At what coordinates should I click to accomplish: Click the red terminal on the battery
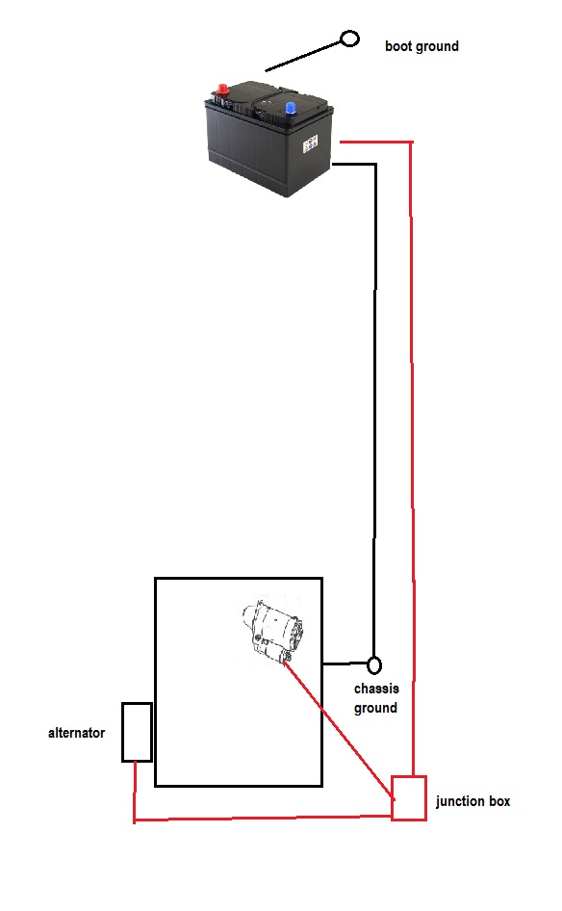222,91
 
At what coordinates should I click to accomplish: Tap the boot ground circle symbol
349,39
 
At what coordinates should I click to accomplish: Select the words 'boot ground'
421,46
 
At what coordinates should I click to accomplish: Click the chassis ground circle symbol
374,664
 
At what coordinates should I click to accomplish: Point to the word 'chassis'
376,689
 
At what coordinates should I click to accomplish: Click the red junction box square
409,797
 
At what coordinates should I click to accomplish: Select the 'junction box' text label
473,802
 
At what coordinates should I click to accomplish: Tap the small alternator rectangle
137,732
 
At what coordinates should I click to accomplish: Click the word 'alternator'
77,733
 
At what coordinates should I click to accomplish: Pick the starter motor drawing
271,631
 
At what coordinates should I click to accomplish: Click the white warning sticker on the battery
310,143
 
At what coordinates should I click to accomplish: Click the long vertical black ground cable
374,406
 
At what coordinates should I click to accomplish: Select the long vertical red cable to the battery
412,459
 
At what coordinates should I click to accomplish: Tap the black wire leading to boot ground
303,57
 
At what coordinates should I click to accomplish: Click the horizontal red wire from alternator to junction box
263,819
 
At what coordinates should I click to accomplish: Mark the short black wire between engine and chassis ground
345,663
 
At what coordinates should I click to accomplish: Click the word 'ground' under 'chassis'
375,708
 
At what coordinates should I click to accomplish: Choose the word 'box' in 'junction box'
499,801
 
